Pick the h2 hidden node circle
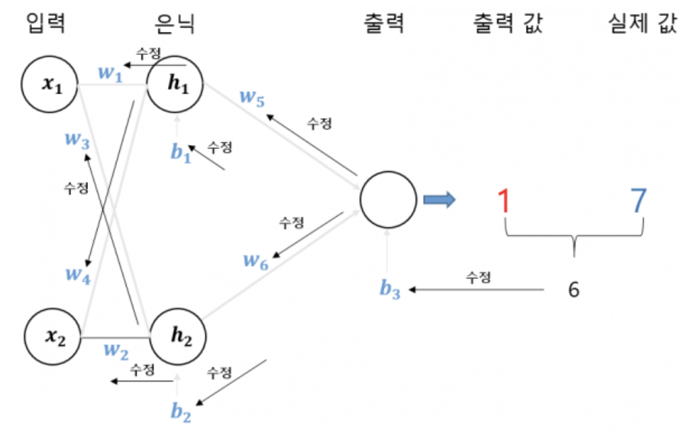tap(176, 335)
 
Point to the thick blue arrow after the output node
tap(439, 199)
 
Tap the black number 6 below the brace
tap(574, 289)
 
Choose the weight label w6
tap(257, 262)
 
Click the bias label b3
tap(390, 289)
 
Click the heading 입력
tap(46, 24)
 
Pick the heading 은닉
tap(175, 24)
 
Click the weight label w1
tap(110, 74)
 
